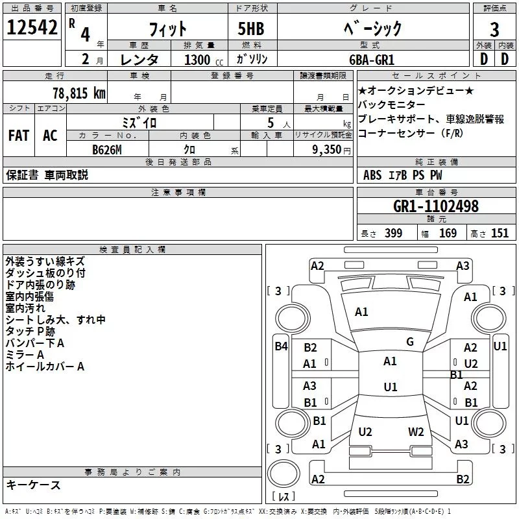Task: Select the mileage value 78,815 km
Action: (78, 93)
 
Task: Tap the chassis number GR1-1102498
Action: (436, 207)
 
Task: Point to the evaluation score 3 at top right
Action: (494, 29)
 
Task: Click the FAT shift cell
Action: (19, 136)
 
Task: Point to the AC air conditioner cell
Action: (50, 136)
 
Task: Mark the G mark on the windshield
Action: (410, 342)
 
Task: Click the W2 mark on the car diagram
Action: (416, 432)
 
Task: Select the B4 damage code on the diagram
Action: (281, 346)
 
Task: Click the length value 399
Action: (393, 234)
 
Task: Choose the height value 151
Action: (500, 234)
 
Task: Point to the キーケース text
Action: (33, 485)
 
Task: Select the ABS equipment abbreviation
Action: (372, 175)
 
